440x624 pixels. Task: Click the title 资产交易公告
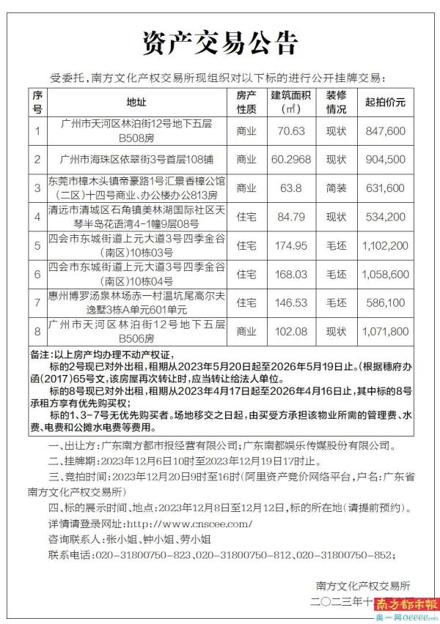coord(220,42)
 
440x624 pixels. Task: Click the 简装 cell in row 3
coord(336,188)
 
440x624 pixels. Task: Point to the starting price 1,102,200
coord(385,245)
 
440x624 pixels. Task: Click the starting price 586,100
coord(385,302)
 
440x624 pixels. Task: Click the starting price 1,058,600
coord(385,274)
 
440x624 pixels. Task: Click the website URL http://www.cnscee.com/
coord(190,524)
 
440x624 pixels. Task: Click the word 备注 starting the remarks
coord(41,354)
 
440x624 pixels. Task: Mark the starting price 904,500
coord(385,159)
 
